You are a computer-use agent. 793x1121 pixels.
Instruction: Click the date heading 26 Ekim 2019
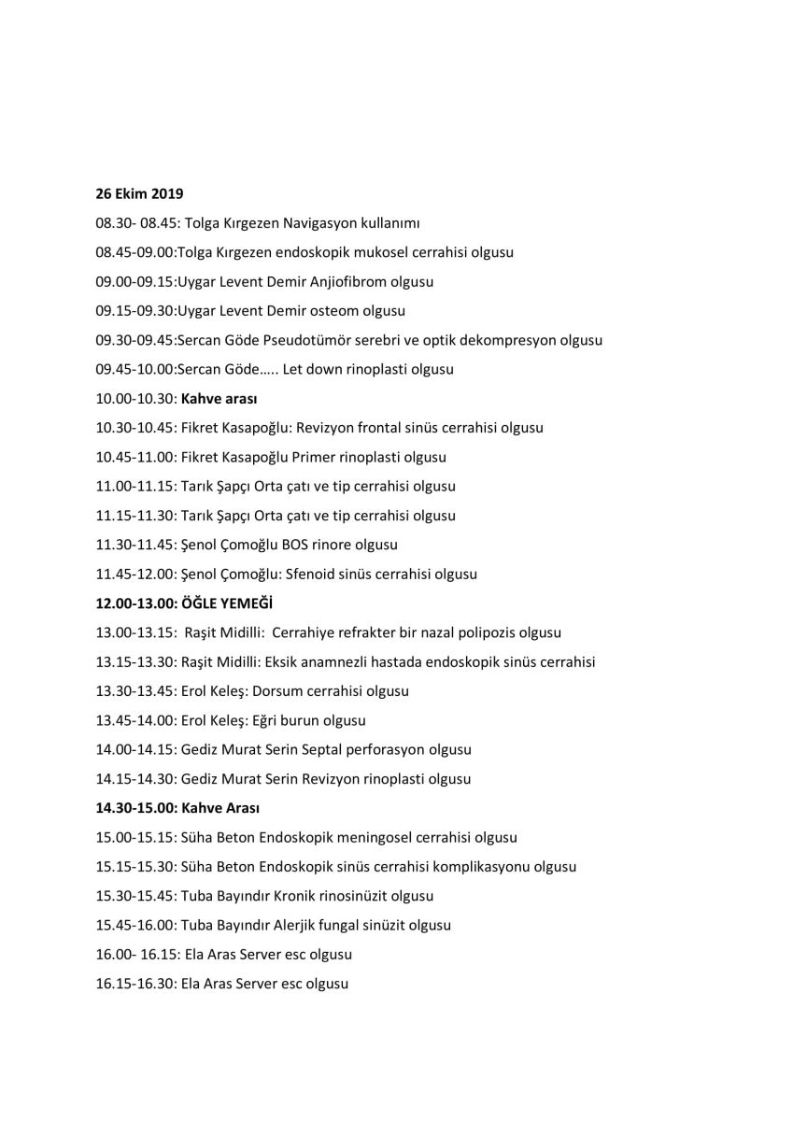[x=139, y=194]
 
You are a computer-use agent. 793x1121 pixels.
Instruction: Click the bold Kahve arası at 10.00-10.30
[x=219, y=399]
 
